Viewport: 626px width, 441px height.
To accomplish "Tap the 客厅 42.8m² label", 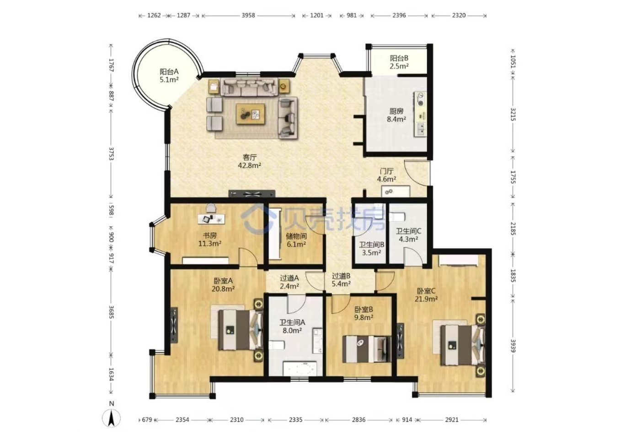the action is (250, 162).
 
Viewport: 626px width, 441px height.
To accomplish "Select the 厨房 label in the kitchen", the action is (396, 111).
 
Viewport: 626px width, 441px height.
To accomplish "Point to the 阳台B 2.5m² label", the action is (399, 62).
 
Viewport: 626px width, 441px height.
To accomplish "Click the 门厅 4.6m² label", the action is (386, 175).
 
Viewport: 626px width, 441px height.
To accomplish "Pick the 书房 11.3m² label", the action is (210, 240).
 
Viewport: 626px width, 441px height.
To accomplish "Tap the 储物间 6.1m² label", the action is (296, 240).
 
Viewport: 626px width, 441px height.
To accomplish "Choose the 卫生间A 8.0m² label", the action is (292, 326).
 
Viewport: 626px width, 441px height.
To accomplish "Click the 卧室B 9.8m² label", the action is (364, 313).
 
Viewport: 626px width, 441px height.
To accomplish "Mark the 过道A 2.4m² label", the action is (289, 282).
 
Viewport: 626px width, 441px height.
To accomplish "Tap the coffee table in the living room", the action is (251, 114).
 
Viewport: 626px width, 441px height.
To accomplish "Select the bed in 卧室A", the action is (241, 330).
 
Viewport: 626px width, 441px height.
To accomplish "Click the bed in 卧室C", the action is (462, 345).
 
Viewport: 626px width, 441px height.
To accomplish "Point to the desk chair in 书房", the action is (211, 209).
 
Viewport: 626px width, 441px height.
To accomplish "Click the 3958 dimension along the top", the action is (248, 16).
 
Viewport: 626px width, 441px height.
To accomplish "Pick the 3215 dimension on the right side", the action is (513, 114).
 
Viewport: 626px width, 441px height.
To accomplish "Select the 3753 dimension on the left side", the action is (112, 154).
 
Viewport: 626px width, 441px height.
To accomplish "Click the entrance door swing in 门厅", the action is (417, 173).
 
